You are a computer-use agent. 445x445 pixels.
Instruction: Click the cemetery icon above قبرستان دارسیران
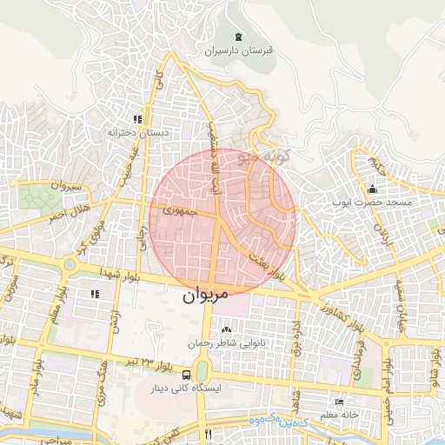(240, 37)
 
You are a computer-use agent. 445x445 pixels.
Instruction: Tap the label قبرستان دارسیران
(239, 50)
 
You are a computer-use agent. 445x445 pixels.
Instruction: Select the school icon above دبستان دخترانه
(136, 119)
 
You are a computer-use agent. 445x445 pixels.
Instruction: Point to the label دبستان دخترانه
(136, 133)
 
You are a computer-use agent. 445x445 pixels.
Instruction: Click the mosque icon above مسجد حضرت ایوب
(373, 189)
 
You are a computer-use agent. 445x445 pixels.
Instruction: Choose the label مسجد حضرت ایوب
(372, 203)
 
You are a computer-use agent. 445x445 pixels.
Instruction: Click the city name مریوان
(205, 295)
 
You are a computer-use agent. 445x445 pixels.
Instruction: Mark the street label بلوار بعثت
(264, 264)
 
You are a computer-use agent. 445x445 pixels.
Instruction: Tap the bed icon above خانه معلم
(339, 402)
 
